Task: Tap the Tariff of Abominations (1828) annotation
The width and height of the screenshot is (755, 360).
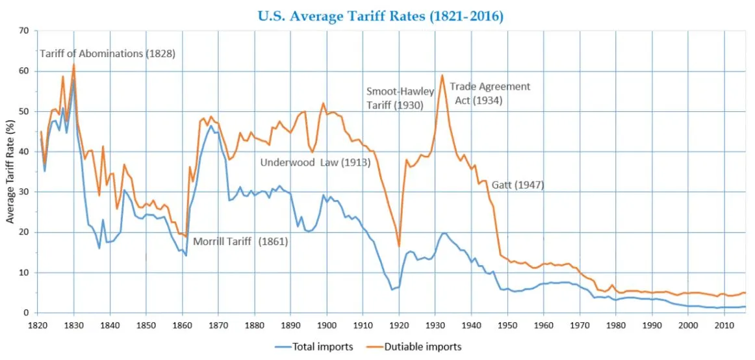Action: tap(108, 54)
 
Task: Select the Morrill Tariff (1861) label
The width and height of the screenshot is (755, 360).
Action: tap(240, 242)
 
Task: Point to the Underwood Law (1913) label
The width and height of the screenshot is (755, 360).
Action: tap(315, 162)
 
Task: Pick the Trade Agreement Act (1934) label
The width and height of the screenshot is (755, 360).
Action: tap(490, 94)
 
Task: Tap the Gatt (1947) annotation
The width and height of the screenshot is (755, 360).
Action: tap(518, 185)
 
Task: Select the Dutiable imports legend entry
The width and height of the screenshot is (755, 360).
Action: tap(422, 347)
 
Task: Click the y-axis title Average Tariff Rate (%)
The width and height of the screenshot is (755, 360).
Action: tap(11, 172)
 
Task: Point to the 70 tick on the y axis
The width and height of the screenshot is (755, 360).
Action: tap(25, 31)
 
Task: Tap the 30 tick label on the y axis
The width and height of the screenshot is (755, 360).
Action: tap(25, 192)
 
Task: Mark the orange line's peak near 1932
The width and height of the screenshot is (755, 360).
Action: tap(442, 75)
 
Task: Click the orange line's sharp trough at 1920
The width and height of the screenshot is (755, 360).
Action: tap(399, 246)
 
